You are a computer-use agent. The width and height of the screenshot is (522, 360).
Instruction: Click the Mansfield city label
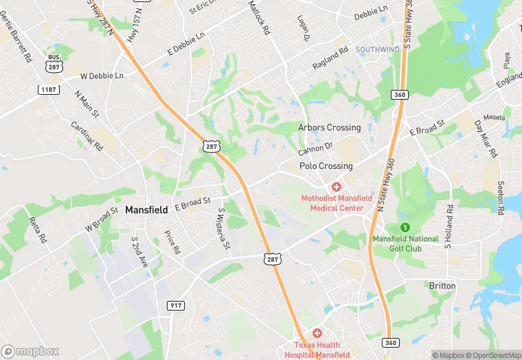146,210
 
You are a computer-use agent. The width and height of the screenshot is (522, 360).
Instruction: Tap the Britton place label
442,285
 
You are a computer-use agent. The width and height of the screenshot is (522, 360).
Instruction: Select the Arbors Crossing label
329,128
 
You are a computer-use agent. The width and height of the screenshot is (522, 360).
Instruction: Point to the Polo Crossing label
326,166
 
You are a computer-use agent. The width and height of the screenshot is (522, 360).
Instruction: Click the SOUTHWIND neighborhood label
378,49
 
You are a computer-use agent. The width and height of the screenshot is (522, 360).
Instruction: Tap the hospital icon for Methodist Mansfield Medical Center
337,186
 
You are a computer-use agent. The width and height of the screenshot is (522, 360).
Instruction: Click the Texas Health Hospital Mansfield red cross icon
317,333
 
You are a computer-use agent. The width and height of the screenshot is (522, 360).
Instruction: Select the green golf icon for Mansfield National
405,227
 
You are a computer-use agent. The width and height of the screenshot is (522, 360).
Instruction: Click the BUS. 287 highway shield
54,64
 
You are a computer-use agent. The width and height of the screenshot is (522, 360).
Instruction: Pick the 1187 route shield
49,90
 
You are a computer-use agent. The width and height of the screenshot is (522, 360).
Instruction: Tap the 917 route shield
174,304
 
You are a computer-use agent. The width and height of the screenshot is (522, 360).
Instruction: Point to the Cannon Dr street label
315,148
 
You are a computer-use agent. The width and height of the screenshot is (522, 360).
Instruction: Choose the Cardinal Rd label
87,136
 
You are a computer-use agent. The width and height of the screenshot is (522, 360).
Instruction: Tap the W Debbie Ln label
102,76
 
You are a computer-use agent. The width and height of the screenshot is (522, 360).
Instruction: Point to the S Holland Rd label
449,226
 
